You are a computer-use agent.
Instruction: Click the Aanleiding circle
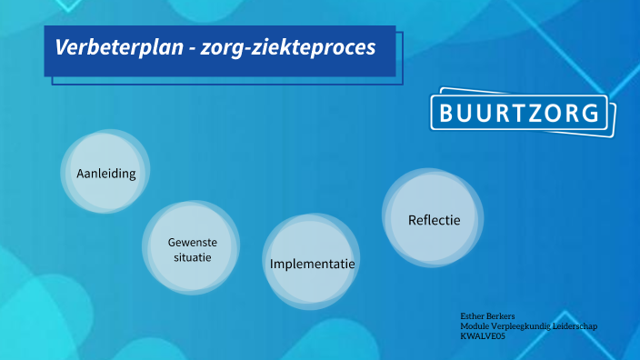(x=105, y=173)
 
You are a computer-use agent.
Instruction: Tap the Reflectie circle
(x=434, y=219)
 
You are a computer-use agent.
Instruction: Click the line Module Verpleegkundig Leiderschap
(x=528, y=325)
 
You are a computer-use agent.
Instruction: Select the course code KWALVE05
(x=483, y=336)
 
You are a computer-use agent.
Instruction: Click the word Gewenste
(x=192, y=242)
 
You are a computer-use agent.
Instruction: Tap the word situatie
(x=192, y=257)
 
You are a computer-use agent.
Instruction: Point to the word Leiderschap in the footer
(x=574, y=325)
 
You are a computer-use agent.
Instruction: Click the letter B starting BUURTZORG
(x=447, y=114)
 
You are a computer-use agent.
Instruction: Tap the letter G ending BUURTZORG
(x=591, y=114)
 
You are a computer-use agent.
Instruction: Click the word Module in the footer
(x=474, y=325)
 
